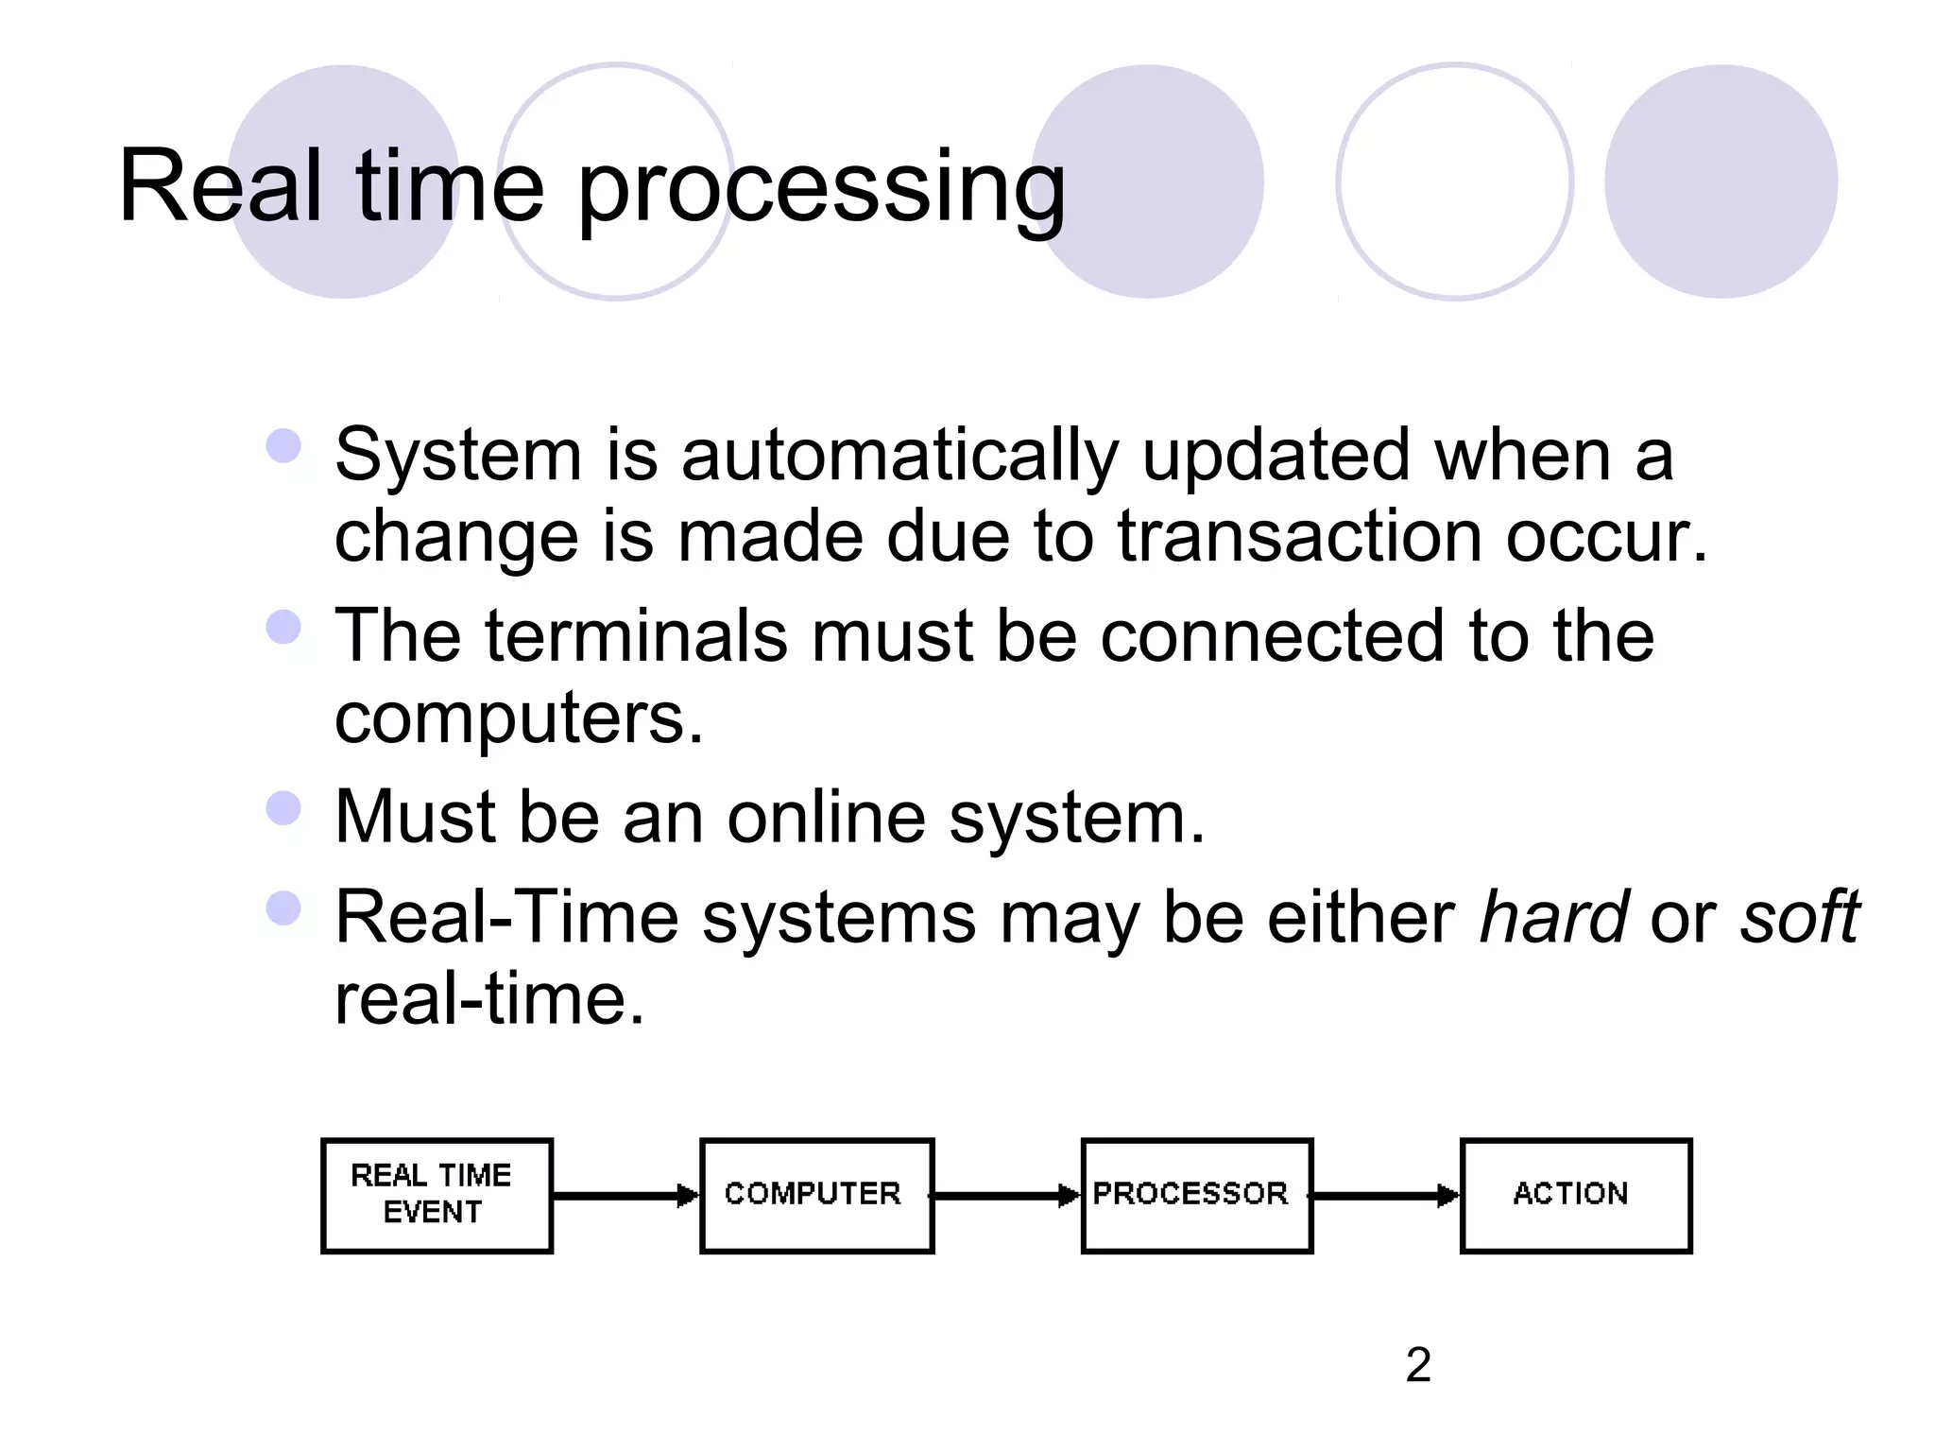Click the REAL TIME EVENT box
pyautogui.click(x=437, y=1195)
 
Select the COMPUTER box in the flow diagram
pyautogui.click(x=816, y=1195)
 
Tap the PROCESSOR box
pyautogui.click(x=1196, y=1195)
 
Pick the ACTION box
pyautogui.click(x=1575, y=1195)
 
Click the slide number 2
pyautogui.click(x=1418, y=1365)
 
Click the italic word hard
pyautogui.click(x=1552, y=917)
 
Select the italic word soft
pyautogui.click(x=1799, y=917)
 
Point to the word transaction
pyautogui.click(x=1299, y=537)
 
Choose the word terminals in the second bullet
pyautogui.click(x=636, y=635)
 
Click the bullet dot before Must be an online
pyautogui.click(x=283, y=808)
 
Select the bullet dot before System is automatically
pyautogui.click(x=283, y=446)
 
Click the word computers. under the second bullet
pyautogui.click(x=519, y=718)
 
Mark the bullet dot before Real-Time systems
pyautogui.click(x=283, y=908)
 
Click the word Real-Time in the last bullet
pyautogui.click(x=506, y=917)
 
